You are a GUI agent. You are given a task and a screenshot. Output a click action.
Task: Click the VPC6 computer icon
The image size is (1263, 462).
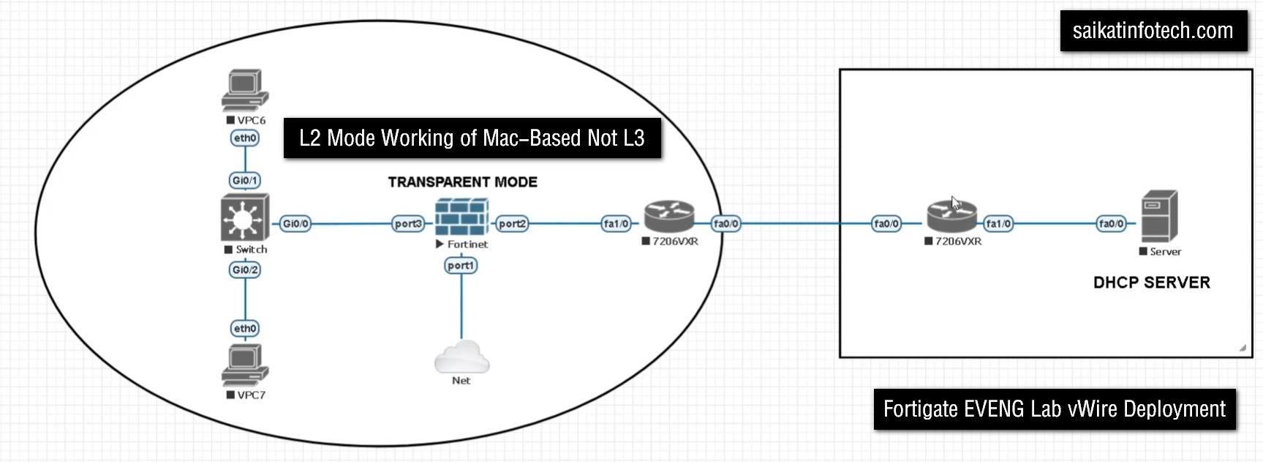click(245, 90)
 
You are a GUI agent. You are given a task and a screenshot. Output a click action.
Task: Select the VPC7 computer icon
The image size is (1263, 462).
click(245, 365)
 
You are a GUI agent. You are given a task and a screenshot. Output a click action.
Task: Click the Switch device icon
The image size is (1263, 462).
click(245, 217)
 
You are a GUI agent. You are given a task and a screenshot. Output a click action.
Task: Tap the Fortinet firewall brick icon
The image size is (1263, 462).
click(461, 217)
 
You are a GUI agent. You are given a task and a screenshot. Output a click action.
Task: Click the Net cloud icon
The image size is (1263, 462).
click(461, 357)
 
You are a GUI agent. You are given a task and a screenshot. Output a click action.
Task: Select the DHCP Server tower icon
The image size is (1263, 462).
click(1159, 216)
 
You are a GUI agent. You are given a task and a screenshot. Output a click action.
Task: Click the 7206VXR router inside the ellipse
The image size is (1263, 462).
click(668, 217)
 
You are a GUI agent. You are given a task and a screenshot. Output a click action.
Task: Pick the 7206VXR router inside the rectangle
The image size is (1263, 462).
click(951, 217)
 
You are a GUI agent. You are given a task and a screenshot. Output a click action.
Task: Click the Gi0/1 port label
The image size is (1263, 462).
click(245, 180)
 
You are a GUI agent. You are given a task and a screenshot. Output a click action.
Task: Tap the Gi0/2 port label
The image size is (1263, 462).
click(245, 269)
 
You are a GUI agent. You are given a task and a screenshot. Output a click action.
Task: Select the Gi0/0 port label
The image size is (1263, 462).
click(295, 223)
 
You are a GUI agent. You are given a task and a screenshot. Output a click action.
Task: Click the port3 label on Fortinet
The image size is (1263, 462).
click(408, 223)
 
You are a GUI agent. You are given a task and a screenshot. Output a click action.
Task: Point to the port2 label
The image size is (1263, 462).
click(512, 223)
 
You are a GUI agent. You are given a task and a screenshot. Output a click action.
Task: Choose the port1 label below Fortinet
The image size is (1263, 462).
click(461, 265)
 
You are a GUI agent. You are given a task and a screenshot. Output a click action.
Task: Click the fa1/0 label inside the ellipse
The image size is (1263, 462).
click(616, 223)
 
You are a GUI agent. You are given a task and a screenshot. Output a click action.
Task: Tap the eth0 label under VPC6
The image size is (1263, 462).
click(245, 138)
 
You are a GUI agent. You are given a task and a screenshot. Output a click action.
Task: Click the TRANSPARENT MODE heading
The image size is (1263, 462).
click(463, 182)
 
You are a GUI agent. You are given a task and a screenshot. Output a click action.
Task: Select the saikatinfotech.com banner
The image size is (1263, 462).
click(1153, 31)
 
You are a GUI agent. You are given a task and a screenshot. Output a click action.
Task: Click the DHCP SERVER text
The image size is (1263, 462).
click(1152, 283)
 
